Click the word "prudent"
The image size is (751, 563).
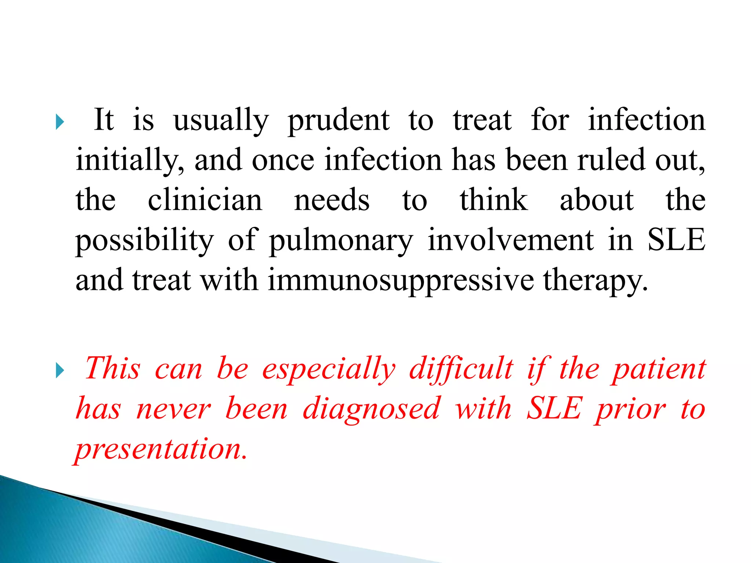pyautogui.click(x=338, y=121)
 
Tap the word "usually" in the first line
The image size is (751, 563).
pyautogui.click(x=221, y=121)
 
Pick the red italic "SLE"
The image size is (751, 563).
pyautogui.click(x=554, y=408)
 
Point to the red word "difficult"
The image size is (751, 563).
pyautogui.click(x=461, y=368)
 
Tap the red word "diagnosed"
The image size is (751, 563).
pyautogui.click(x=371, y=409)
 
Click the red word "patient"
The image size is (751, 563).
pyautogui.click(x=658, y=369)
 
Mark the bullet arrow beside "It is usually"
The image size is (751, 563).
pyautogui.click(x=60, y=122)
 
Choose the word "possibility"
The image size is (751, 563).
pyautogui.click(x=144, y=240)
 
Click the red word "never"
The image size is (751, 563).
pyautogui.click(x=173, y=409)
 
